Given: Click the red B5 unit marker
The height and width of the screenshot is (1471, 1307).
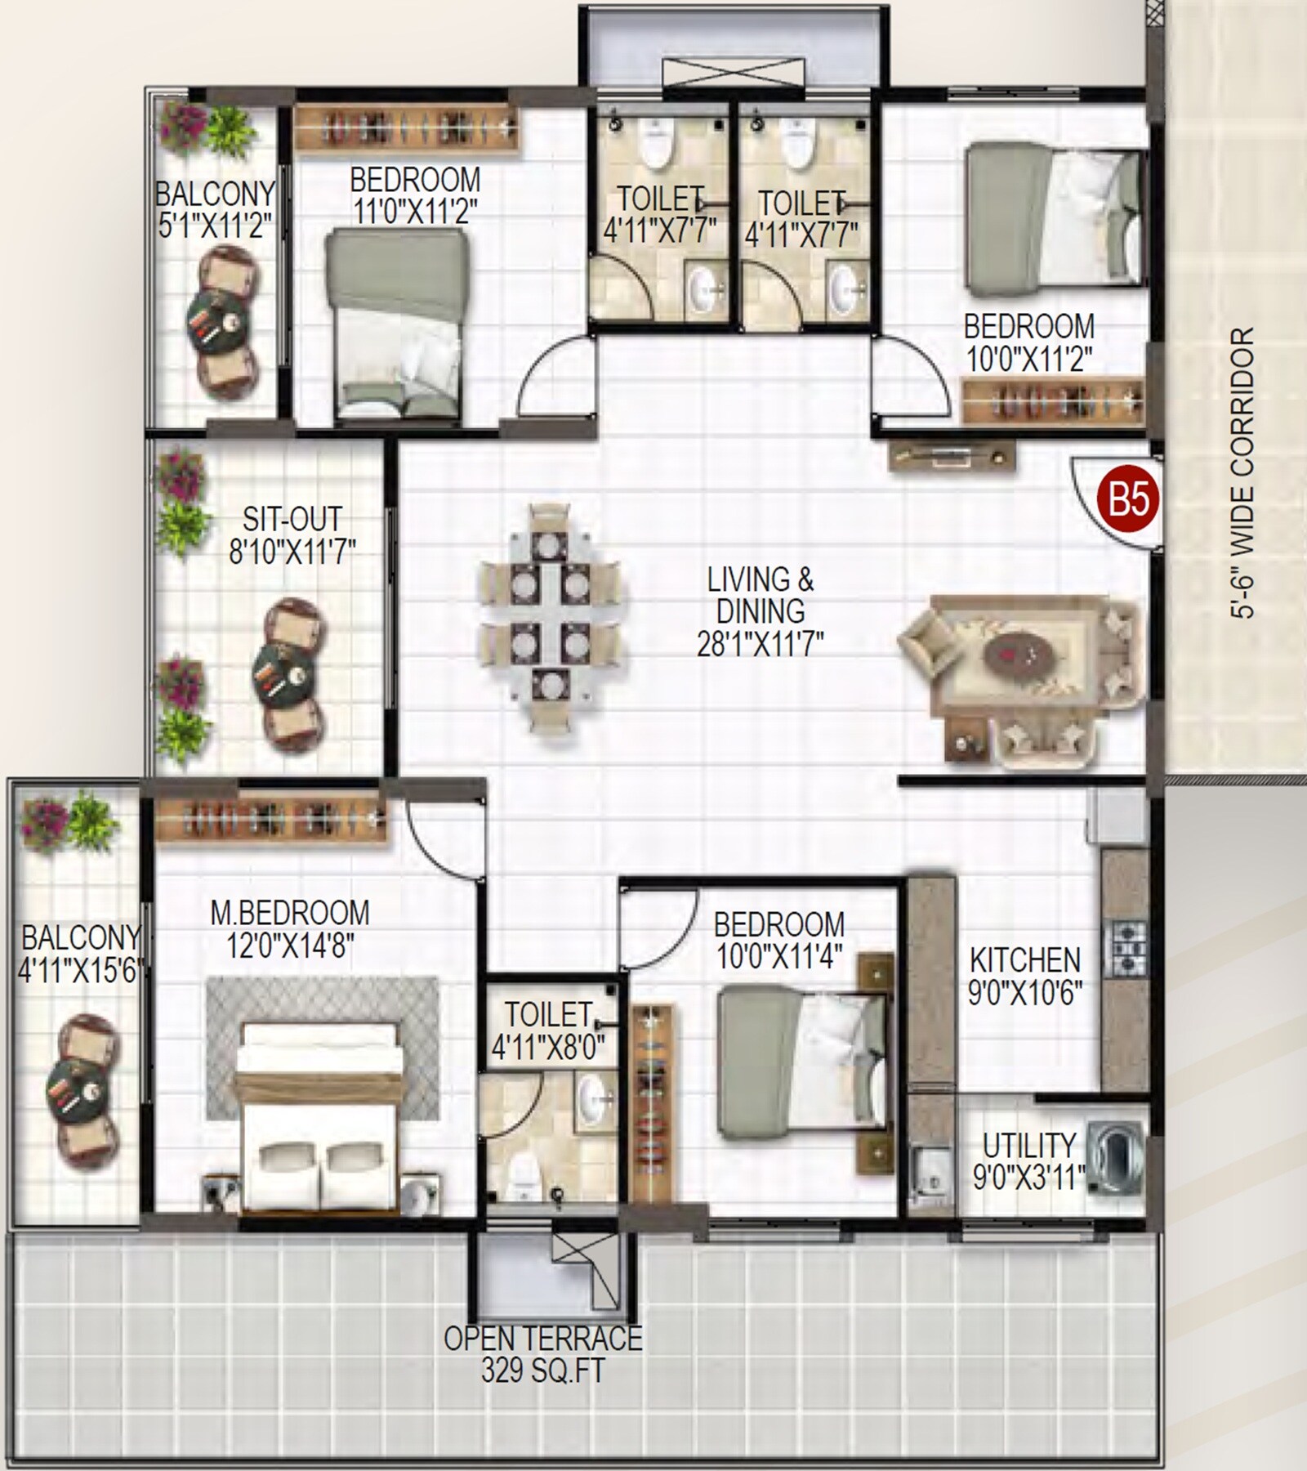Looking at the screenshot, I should click(1129, 499).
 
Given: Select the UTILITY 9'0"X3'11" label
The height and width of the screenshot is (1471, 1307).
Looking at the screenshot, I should click(1028, 1160).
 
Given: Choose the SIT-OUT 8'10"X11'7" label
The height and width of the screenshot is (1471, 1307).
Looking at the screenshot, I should click(292, 535).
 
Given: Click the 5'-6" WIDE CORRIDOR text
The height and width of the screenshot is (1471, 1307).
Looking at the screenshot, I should click(1243, 474).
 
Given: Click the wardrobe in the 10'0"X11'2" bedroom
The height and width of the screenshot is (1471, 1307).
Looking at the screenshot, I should click(1052, 401).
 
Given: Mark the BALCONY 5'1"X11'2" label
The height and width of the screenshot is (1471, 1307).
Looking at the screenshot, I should click(215, 210).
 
